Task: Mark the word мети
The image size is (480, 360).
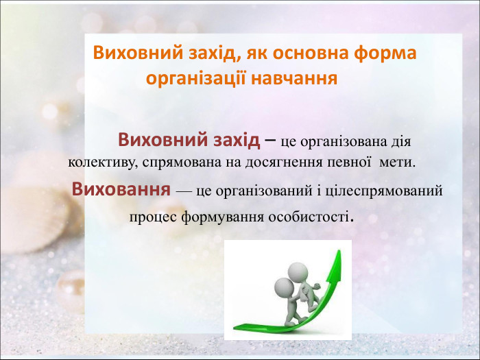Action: pos(398,164)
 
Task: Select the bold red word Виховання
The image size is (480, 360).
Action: pos(121,189)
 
